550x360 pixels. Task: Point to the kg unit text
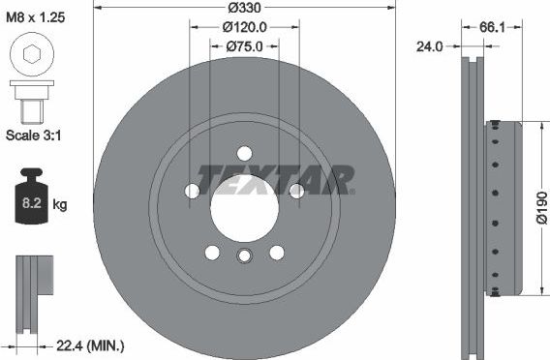(x=60, y=204)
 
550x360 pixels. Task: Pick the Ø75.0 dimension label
(x=244, y=45)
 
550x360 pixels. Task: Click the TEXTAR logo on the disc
(x=276, y=179)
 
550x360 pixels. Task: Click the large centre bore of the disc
(x=244, y=208)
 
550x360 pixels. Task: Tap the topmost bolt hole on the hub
(x=244, y=152)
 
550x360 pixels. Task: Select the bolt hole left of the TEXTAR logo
(x=192, y=191)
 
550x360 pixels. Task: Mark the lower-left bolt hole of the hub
(x=212, y=253)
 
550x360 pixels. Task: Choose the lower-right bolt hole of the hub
(x=277, y=253)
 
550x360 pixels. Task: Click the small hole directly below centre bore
(x=244, y=255)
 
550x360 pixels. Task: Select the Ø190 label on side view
(x=540, y=207)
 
